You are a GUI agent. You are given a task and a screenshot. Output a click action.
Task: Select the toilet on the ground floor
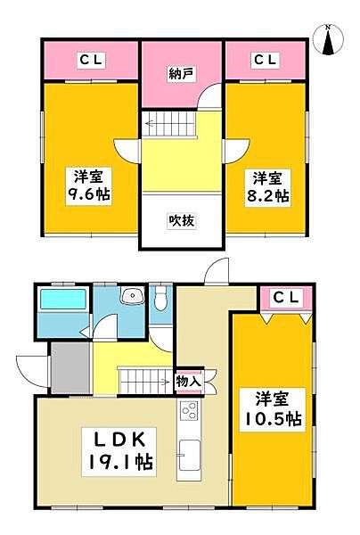(160, 300)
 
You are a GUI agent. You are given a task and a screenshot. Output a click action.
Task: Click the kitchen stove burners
(189, 412)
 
